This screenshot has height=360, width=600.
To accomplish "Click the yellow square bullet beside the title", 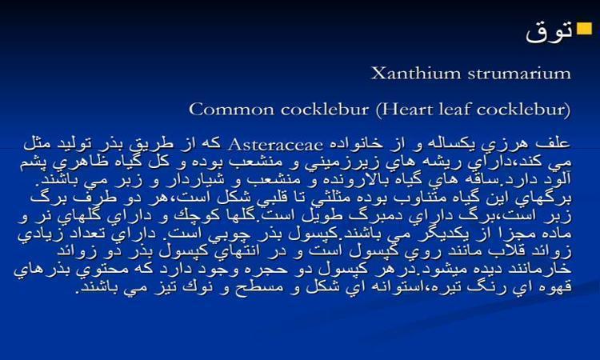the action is [x=584, y=29].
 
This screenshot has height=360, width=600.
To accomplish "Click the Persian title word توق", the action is [x=550, y=31].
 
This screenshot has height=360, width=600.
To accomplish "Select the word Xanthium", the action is [x=415, y=73].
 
